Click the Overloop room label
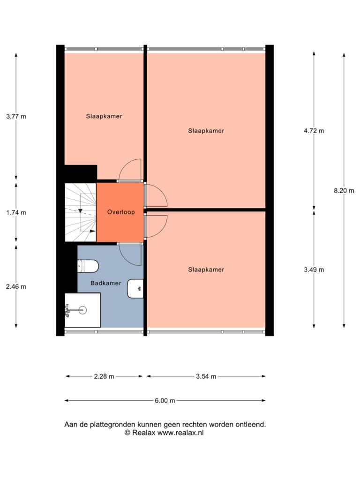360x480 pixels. click(121, 212)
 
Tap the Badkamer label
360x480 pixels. click(106, 283)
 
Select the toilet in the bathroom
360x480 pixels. click(88, 266)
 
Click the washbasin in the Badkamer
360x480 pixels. click(135, 288)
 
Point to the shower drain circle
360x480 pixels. click(82, 310)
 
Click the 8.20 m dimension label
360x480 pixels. click(344, 191)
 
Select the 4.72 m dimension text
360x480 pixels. click(314, 131)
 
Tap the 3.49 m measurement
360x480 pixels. click(314, 270)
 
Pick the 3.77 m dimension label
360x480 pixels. click(16, 116)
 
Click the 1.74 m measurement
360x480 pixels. click(16, 212)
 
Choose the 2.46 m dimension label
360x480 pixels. click(16, 286)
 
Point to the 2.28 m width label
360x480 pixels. click(104, 376)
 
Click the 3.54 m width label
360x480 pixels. click(206, 376)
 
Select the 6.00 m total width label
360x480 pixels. click(165, 400)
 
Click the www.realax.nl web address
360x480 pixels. click(180, 433)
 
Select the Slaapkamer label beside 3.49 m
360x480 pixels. click(206, 270)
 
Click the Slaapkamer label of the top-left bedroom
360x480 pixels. click(104, 116)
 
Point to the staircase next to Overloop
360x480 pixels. click(81, 212)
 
